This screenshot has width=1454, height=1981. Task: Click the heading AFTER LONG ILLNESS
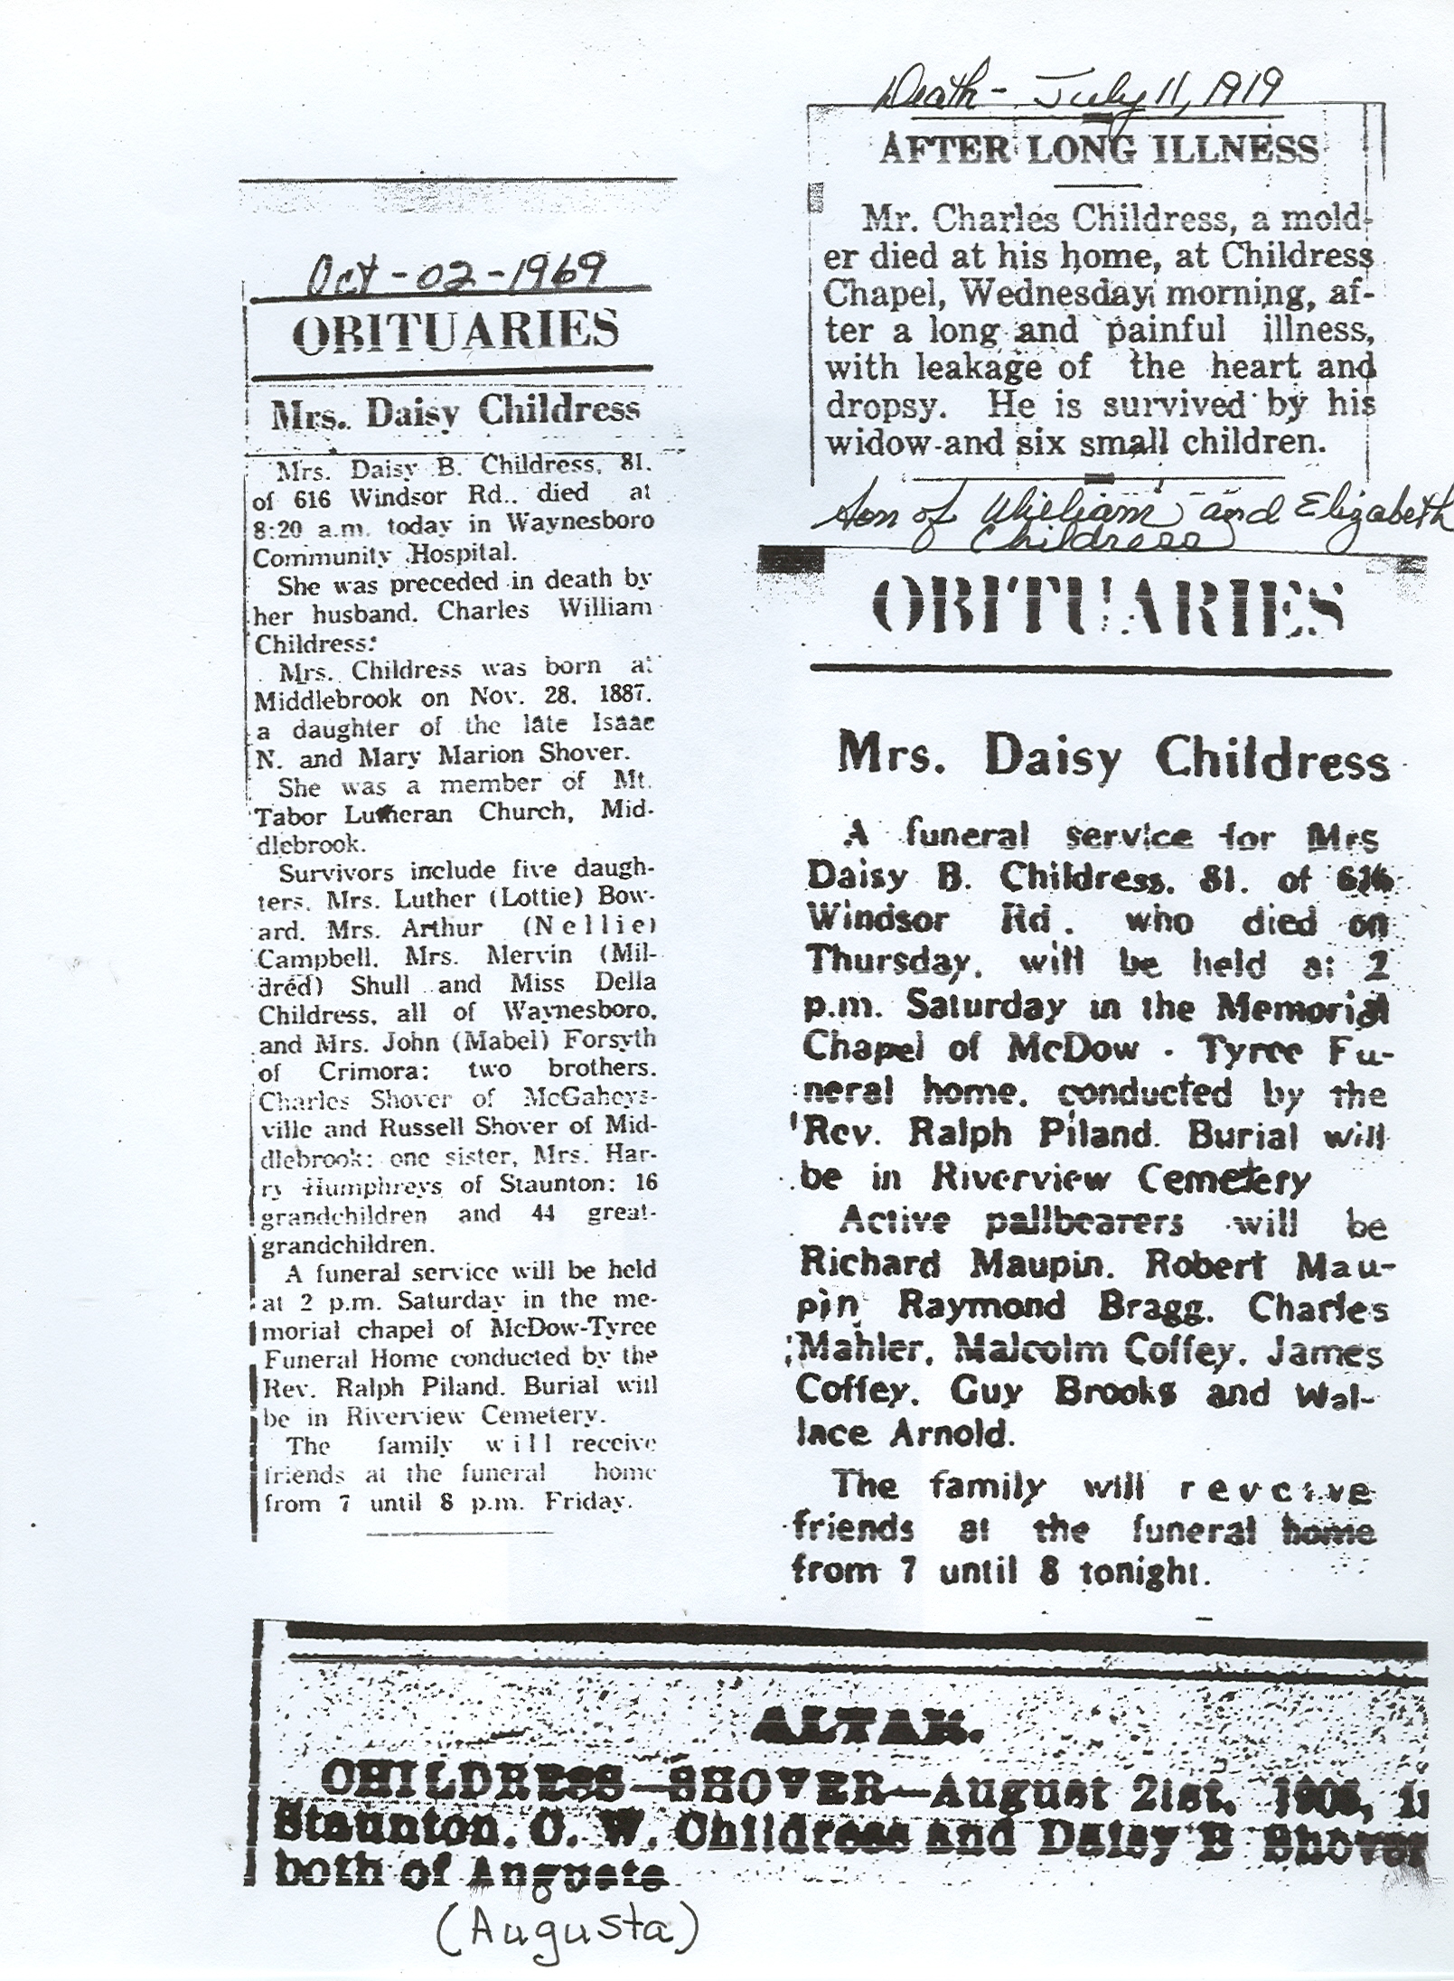1099,149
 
